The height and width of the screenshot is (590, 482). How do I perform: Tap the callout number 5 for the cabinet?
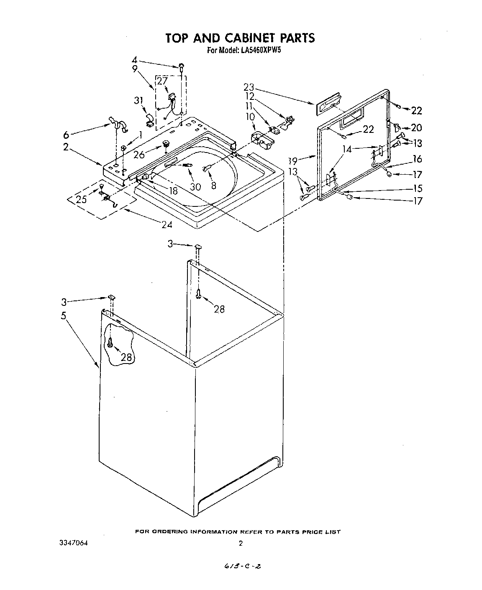pos(64,315)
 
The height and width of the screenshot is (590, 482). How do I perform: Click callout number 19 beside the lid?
pos(293,160)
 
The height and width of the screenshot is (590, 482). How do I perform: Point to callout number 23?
pos(249,87)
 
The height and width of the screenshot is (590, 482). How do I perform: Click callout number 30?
pos(195,187)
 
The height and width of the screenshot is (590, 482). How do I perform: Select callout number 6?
pos(66,135)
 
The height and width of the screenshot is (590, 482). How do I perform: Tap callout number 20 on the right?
pos(416,128)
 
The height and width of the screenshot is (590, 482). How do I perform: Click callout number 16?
pos(417,159)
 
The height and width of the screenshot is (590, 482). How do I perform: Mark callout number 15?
pos(417,188)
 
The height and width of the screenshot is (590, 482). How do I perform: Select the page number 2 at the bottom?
pos(241,543)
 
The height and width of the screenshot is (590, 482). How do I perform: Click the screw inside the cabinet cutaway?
pos(110,342)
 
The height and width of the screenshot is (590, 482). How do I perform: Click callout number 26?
pos(139,155)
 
